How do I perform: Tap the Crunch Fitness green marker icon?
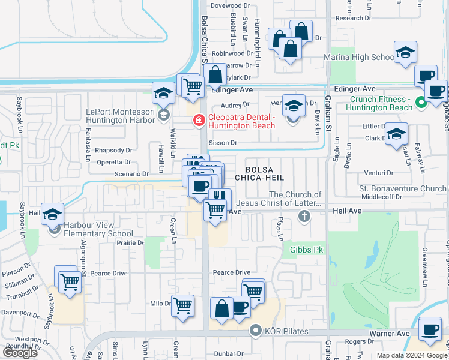(421, 103)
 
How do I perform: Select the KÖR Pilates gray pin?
(256, 330)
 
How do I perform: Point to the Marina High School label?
(359, 58)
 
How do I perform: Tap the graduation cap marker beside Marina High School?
(406, 53)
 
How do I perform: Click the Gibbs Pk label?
(306, 249)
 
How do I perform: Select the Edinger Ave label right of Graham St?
(354, 89)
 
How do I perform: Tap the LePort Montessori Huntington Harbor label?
(115, 116)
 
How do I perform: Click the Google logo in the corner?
(20, 353)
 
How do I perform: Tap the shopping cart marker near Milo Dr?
(182, 305)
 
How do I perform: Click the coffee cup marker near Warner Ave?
(430, 331)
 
